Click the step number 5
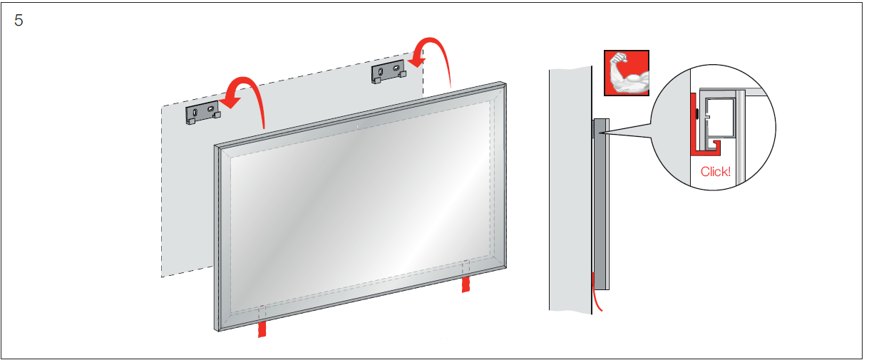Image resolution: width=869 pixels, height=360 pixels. coord(19,20)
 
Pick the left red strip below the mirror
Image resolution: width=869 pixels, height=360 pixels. coord(262,329)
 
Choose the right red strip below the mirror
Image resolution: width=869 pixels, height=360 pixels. coord(466,284)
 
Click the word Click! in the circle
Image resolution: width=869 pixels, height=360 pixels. coord(716,171)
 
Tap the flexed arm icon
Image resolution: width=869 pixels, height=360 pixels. coord(627,73)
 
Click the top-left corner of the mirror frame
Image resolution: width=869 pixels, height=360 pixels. coord(217,146)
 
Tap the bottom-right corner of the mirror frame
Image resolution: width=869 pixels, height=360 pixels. coord(504,268)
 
